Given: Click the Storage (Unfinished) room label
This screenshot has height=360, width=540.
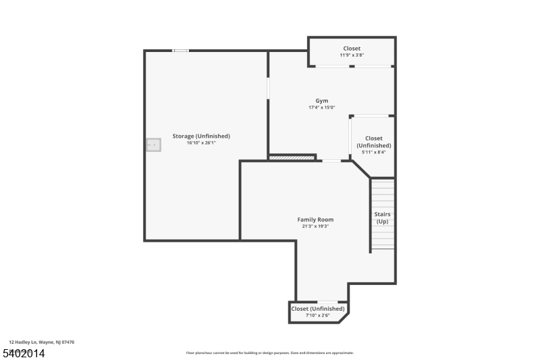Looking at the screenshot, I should [201, 136].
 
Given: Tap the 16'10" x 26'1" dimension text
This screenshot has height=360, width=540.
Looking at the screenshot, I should [201, 143].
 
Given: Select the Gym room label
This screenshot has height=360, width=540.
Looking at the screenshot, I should [322, 101].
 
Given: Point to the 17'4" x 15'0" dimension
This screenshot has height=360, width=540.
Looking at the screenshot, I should [322, 107].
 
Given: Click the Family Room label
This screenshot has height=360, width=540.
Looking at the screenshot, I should [315, 220].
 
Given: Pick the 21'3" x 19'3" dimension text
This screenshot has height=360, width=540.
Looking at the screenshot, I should [315, 226].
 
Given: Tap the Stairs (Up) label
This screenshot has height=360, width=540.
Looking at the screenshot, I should [382, 217].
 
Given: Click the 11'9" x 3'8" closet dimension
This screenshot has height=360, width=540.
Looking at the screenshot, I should [351, 55].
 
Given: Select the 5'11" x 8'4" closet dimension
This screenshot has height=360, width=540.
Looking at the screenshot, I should [373, 152].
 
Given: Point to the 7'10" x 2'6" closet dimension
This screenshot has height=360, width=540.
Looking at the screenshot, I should [317, 315].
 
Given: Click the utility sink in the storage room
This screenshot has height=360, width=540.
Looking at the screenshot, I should [154, 145].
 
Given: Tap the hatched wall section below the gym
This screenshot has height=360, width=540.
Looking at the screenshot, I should [292, 158].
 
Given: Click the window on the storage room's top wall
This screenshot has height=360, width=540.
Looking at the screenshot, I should [180, 51].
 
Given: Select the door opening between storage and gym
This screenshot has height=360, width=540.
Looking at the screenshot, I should [268, 88].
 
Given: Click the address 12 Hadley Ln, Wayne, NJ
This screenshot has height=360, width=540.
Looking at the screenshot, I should [42, 342].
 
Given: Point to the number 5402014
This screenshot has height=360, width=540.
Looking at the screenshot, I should [23, 353].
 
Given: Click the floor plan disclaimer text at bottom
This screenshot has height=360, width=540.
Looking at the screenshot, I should [269, 353].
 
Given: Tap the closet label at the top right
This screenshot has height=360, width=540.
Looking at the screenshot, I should [351, 48].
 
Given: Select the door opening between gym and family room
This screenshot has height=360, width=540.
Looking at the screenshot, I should [331, 161].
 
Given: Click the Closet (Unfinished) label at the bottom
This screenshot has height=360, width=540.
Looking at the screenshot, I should [317, 309].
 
